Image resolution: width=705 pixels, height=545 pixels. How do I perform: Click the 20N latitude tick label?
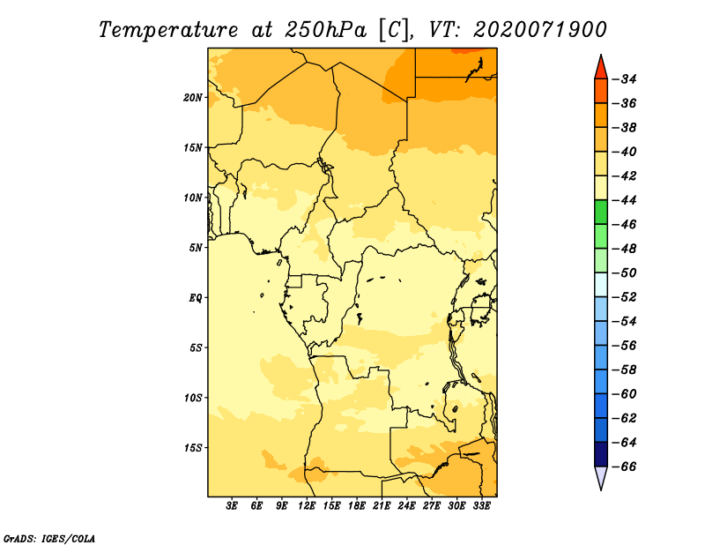pyautogui.click(x=193, y=98)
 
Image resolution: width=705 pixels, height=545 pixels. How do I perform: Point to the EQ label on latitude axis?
pyautogui.click(x=196, y=298)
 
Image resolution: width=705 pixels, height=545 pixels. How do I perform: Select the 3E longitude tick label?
pyautogui.click(x=232, y=506)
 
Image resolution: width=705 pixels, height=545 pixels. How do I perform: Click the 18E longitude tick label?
pyautogui.click(x=357, y=506)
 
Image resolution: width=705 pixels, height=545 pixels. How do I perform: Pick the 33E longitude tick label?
pyautogui.click(x=481, y=506)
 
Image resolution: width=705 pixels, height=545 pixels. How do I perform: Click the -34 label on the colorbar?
pyautogui.click(x=625, y=79)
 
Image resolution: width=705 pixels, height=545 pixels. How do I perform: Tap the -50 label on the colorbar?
pyautogui.click(x=625, y=273)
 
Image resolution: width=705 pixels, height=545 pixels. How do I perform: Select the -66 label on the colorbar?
pyautogui.click(x=625, y=467)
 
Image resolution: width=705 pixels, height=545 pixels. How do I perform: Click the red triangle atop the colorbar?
pyautogui.click(x=601, y=69)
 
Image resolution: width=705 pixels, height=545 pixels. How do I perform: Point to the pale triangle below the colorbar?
pyautogui.click(x=601, y=476)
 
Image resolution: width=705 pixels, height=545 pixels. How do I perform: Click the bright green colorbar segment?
pyautogui.click(x=601, y=213)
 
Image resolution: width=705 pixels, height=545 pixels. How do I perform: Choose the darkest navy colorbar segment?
pyautogui.click(x=601, y=454)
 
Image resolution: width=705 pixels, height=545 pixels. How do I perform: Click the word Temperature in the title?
pyautogui.click(x=168, y=30)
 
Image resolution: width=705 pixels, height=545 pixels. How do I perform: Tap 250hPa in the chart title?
pyautogui.click(x=325, y=30)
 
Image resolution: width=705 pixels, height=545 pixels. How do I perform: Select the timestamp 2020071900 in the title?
pyautogui.click(x=539, y=30)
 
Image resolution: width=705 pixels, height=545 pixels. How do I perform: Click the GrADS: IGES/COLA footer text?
pyautogui.click(x=49, y=539)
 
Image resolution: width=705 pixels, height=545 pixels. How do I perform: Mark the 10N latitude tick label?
pyautogui.click(x=193, y=198)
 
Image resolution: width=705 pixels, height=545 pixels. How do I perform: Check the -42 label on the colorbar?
pyautogui.click(x=625, y=176)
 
